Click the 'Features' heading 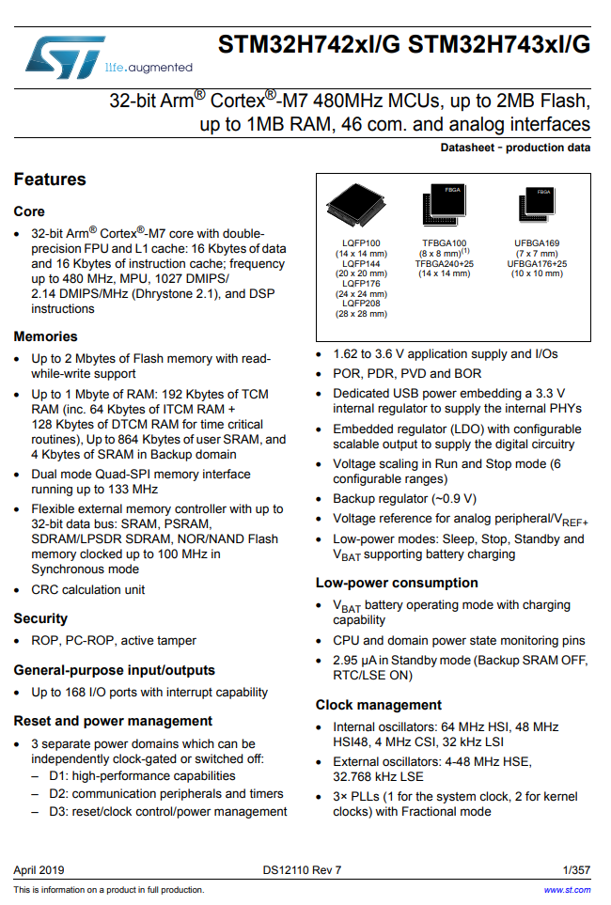pos(50,179)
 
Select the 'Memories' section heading pos(46,336)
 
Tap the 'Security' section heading pos(40,618)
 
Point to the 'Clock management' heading pos(379,705)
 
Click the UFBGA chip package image pos(537,206)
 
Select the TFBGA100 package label pos(445,243)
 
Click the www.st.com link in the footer pos(568,890)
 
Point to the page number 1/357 pos(577,870)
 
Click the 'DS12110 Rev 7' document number pos(303,870)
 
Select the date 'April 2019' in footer pos(39,870)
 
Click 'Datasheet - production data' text pos(515,148)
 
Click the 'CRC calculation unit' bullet pos(88,589)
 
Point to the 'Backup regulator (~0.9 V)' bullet pos(405,499)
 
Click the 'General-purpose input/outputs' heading pos(115,670)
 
